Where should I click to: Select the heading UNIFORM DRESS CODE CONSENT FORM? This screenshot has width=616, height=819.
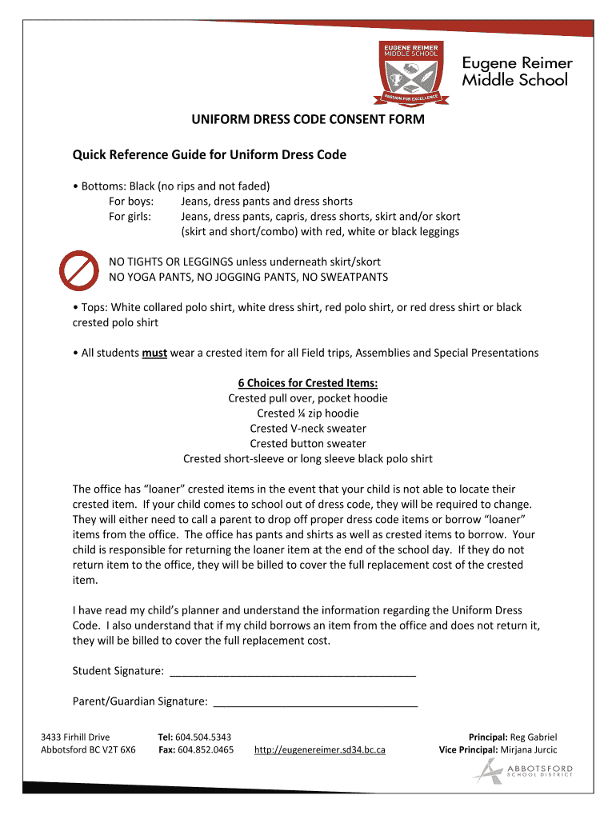click(x=307, y=120)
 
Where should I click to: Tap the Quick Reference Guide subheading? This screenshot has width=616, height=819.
click(x=209, y=154)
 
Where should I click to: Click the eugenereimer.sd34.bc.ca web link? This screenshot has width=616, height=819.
click(x=319, y=750)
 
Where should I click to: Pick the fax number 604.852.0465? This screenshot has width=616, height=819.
click(x=206, y=750)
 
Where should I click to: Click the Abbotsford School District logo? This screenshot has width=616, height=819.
click(x=522, y=770)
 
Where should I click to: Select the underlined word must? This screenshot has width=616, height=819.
click(x=154, y=353)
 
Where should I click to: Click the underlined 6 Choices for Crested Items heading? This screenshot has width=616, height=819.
click(x=307, y=383)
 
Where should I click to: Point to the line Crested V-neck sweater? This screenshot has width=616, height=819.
click(x=307, y=429)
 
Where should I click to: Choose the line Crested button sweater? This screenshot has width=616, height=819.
click(x=307, y=444)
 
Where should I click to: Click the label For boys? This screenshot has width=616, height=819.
click(x=131, y=202)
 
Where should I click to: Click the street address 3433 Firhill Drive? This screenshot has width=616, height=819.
click(x=75, y=737)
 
